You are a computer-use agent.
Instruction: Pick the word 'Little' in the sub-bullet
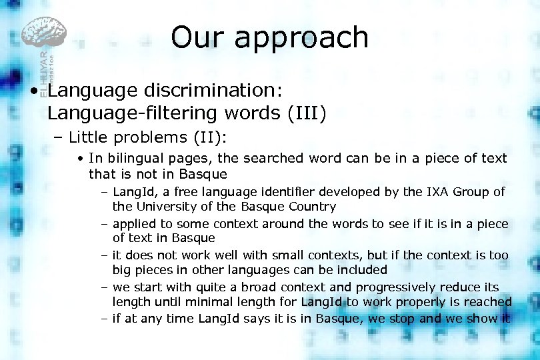pyautogui.click(x=91, y=137)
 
